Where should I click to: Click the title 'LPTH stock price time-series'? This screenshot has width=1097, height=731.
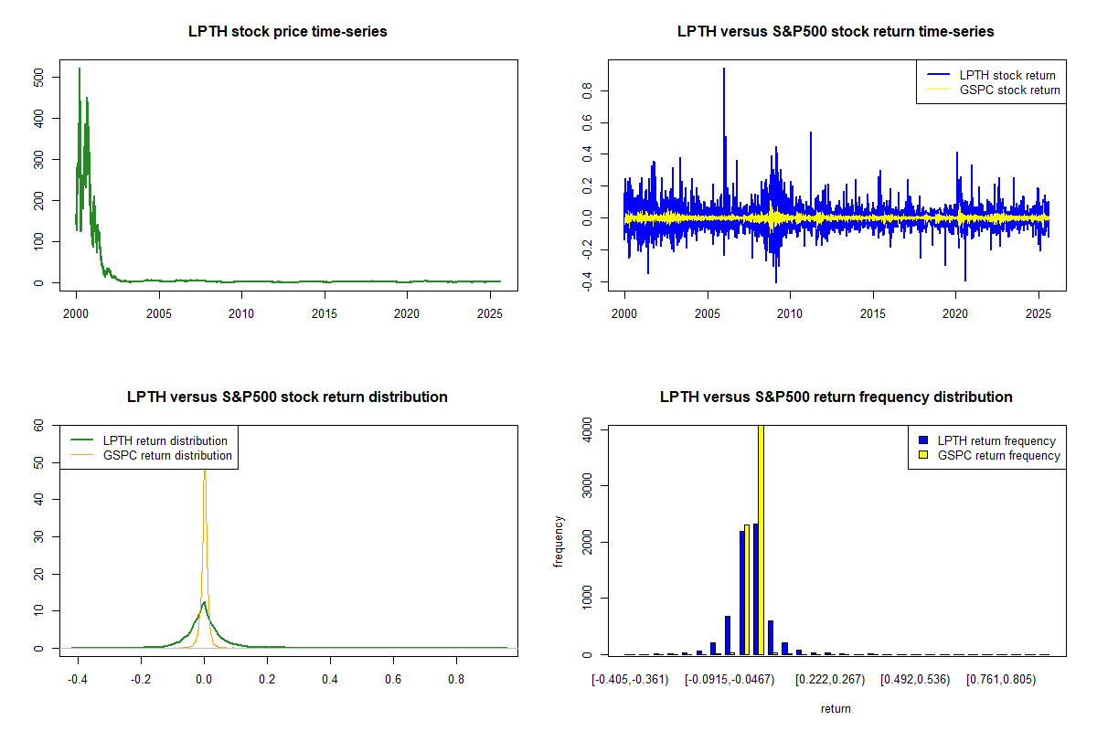pos(287,32)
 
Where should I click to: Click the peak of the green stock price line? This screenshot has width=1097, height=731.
pos(80,69)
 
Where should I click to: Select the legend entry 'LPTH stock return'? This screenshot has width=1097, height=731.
pos(1006,76)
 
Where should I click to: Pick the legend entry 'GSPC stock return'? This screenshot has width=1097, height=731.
pos(1009,90)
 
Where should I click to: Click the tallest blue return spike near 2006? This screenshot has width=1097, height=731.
pos(724,69)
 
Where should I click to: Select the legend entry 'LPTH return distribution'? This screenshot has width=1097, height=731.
pos(165,441)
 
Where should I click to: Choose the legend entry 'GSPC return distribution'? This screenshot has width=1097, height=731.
pos(166,455)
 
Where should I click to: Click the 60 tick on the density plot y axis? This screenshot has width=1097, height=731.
pos(39,425)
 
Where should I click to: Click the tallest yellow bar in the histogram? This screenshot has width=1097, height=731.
pos(762,539)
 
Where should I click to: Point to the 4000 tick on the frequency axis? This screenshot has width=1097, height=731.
pos(588,429)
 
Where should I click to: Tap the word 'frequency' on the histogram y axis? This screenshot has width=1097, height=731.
pos(559,541)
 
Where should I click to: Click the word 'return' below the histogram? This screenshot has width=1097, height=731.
pos(836,708)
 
